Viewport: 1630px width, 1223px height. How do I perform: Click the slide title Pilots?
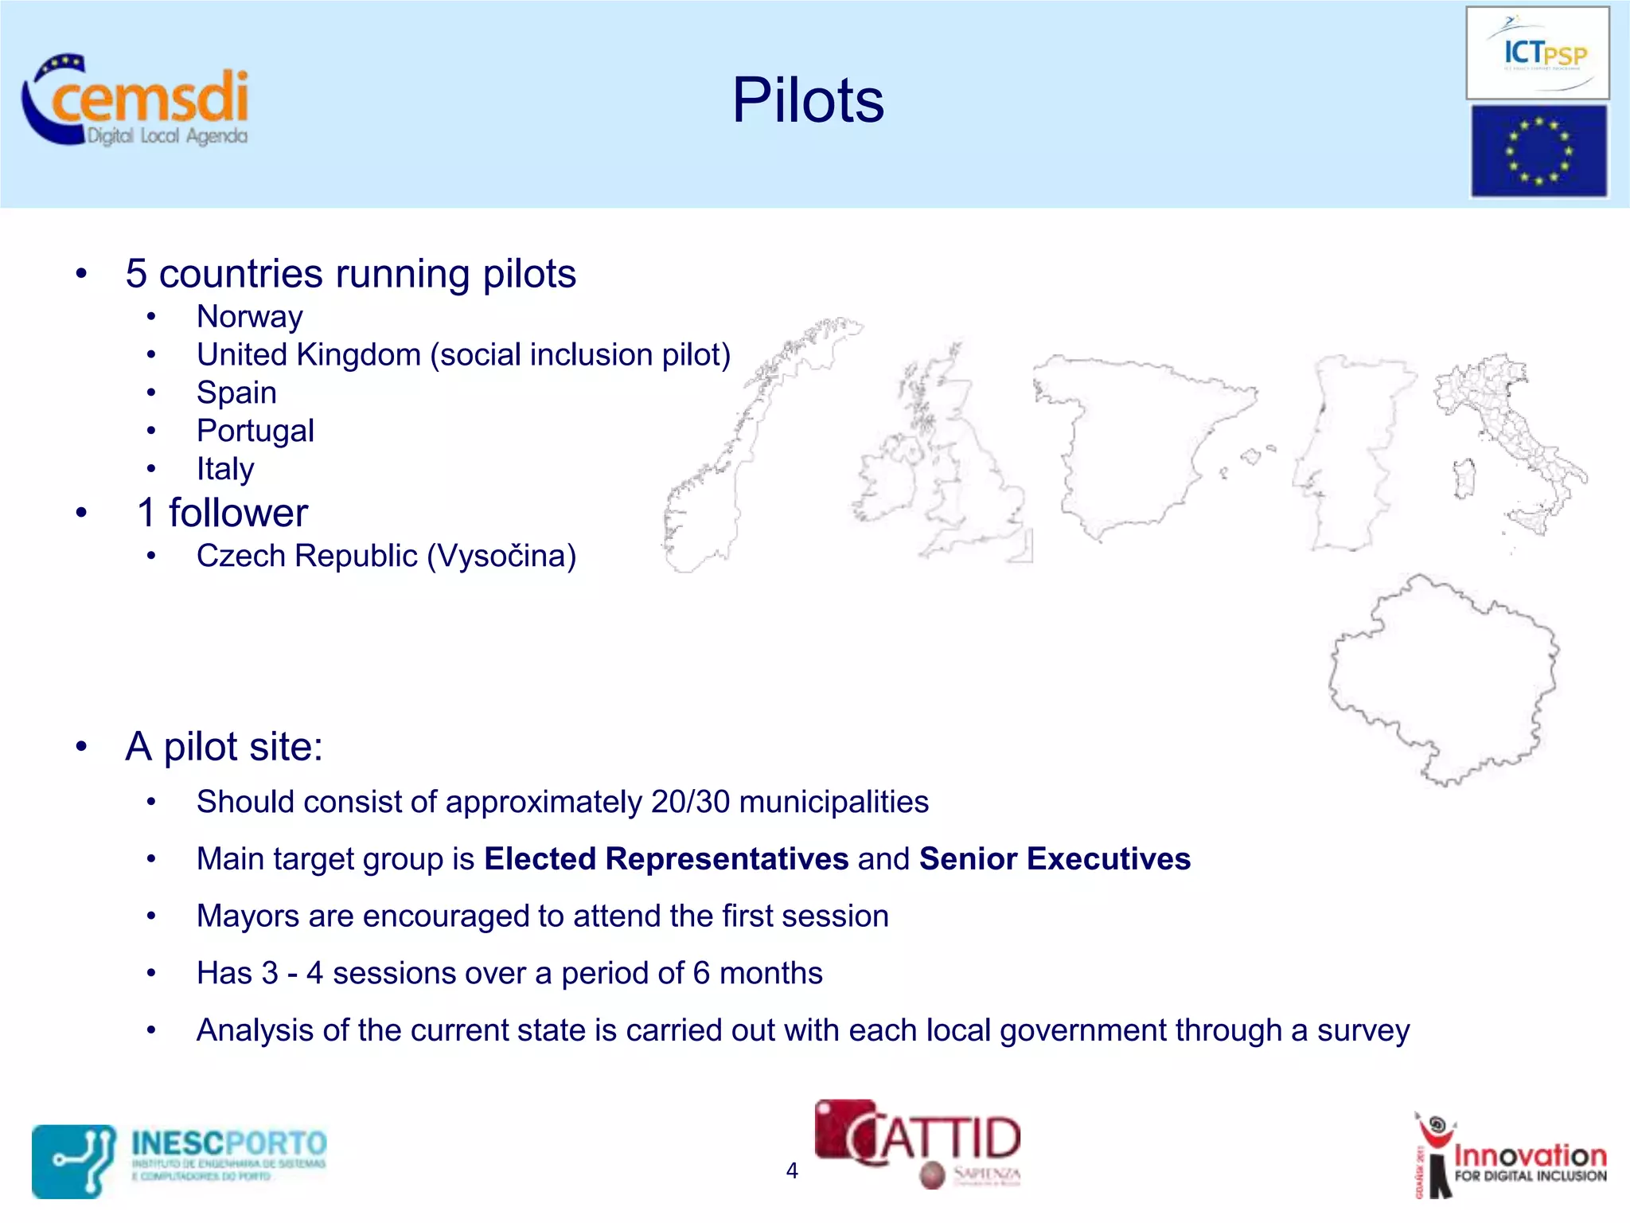[x=807, y=100]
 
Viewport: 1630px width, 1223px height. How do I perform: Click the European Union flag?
[x=1538, y=150]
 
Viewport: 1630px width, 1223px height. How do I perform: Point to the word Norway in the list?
[x=249, y=317]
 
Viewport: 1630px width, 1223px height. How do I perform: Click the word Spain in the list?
[x=236, y=393]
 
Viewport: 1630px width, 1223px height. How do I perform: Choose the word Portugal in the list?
[x=255, y=431]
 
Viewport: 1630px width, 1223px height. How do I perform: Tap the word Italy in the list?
[x=225, y=469]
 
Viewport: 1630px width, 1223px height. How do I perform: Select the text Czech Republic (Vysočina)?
[x=386, y=556]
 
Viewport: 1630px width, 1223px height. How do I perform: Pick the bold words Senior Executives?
[x=1055, y=859]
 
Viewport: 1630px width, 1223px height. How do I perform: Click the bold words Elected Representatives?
[x=666, y=859]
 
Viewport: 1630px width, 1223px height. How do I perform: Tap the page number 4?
[x=791, y=1170]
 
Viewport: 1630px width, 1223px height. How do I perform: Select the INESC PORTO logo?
[x=180, y=1159]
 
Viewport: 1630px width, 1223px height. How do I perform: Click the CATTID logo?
[x=918, y=1143]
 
